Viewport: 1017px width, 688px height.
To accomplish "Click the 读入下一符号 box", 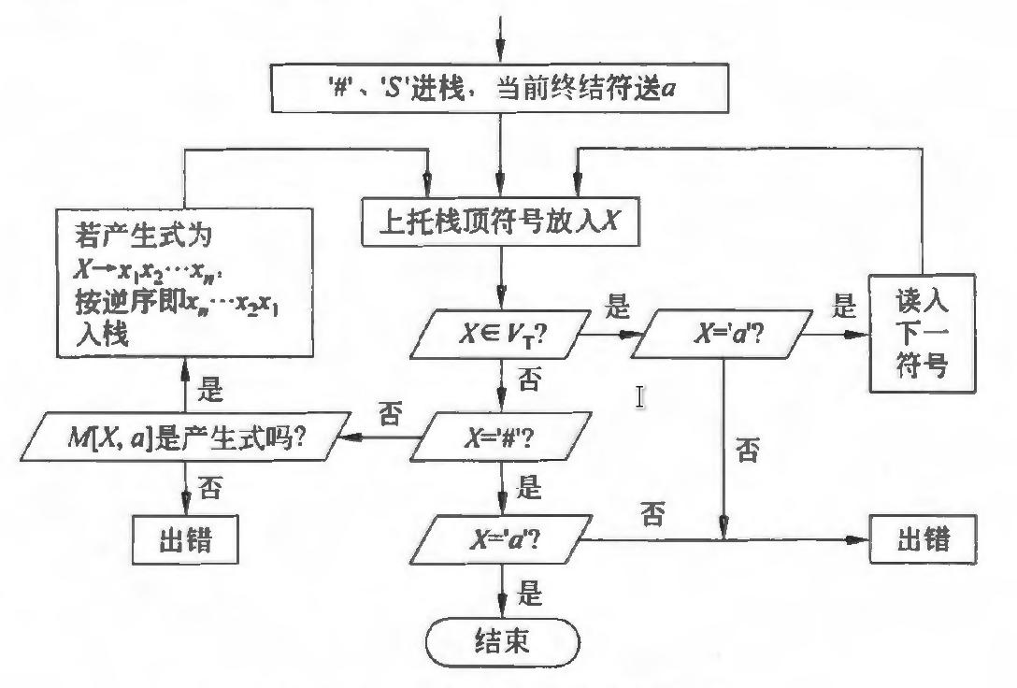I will coord(924,336).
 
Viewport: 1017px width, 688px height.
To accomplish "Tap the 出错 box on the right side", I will coord(924,540).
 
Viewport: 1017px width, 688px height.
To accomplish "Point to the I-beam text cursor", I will coord(640,397).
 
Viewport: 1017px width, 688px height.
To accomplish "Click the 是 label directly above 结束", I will coord(530,593).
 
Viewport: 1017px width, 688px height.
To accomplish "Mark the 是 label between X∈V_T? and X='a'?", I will coord(618,307).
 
